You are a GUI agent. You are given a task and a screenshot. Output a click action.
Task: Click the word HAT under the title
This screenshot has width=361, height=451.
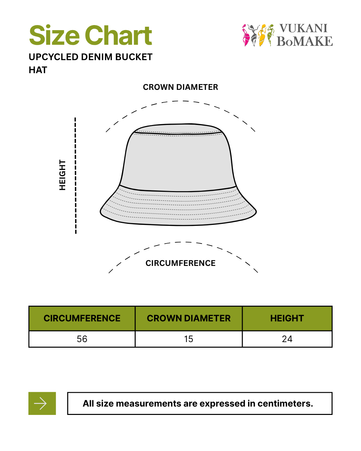pos(38,70)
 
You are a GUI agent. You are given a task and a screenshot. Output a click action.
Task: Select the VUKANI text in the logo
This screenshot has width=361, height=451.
pos(303,28)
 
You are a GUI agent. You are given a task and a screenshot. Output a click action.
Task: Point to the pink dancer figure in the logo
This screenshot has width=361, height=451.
pos(246,35)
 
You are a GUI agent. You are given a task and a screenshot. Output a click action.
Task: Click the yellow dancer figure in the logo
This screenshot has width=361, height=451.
pos(262,35)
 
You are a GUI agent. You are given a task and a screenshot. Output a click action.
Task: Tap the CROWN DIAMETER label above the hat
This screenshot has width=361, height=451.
pos(180,87)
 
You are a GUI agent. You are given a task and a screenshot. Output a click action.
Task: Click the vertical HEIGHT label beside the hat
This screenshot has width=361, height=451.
pos(63,175)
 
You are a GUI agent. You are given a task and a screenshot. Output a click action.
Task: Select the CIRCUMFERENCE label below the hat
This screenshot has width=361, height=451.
pos(180,263)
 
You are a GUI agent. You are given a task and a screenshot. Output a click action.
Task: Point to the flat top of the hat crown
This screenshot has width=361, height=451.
pos(178,129)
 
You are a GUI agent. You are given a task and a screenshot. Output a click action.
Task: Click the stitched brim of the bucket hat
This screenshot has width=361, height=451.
pos(178,209)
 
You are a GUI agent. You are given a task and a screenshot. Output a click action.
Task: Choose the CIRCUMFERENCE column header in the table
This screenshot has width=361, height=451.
pos(82,318)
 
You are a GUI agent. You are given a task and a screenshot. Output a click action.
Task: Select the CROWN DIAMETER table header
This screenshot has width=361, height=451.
pos(189,318)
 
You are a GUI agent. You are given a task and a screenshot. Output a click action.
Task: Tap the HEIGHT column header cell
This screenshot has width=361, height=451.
pos(287,318)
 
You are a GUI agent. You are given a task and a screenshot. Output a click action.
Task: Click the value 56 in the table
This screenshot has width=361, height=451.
pos(82,339)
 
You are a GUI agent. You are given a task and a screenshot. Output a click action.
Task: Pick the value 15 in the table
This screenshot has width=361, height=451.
pos(189,339)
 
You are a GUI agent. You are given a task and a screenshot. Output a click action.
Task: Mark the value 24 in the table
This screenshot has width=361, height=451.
pos(287,339)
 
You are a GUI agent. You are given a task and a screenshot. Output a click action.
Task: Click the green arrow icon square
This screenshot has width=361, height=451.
pos(42,404)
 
